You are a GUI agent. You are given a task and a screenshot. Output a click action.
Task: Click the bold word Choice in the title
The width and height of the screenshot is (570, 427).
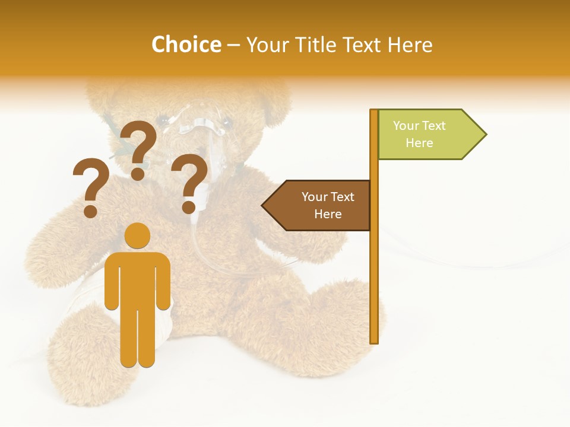pyautogui.click(x=186, y=44)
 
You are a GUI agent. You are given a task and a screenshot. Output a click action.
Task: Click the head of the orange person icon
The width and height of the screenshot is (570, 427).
pyautogui.click(x=137, y=235)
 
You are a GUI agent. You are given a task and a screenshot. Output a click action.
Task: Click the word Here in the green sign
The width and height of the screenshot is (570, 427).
pyautogui.click(x=419, y=143)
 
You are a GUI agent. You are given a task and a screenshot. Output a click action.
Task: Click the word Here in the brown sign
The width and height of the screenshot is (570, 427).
pyautogui.click(x=328, y=214)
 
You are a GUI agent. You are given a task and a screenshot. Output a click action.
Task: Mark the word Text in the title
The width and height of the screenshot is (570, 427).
pyautogui.click(x=362, y=44)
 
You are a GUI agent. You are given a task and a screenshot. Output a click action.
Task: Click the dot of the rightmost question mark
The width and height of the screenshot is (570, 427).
pyautogui.click(x=189, y=207)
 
